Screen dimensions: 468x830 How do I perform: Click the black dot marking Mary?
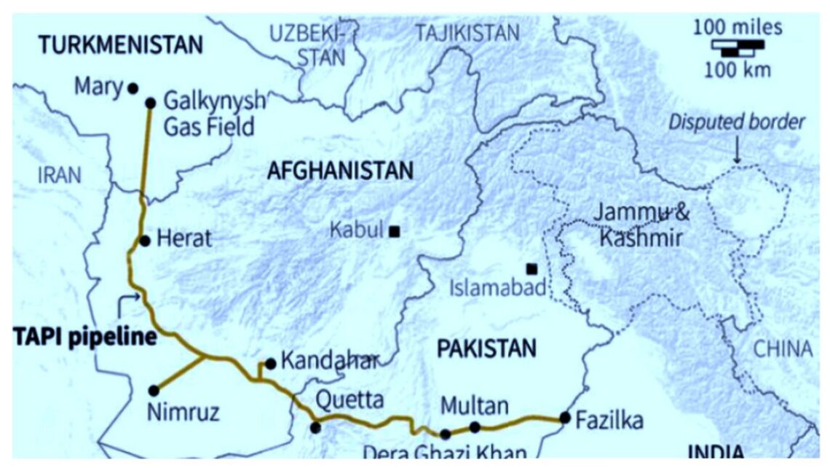tap(133, 88)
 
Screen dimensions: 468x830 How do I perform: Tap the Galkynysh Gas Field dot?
tap(151, 103)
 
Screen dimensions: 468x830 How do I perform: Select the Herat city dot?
tap(144, 241)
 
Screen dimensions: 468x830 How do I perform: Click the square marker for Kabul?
tap(394, 232)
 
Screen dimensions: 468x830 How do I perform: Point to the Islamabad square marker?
tap(532, 268)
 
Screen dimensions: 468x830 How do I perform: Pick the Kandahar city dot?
tap(270, 363)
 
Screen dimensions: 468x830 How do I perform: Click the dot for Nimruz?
tap(154, 391)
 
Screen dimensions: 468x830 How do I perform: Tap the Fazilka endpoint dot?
tap(565, 418)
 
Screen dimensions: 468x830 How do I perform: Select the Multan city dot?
tap(475, 427)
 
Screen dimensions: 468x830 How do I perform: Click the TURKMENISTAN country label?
tap(121, 45)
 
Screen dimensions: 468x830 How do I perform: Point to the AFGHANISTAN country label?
tap(340, 171)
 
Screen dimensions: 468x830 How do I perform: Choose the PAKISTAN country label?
tap(486, 348)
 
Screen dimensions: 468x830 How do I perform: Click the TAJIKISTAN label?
tap(467, 33)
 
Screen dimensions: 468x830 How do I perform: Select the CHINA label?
tap(782, 348)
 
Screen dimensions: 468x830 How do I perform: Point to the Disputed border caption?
tap(738, 122)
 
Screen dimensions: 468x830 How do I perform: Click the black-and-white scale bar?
tap(738, 48)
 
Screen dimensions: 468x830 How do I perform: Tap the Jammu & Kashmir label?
tap(640, 226)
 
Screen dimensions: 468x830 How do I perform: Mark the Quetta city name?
tap(349, 399)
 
